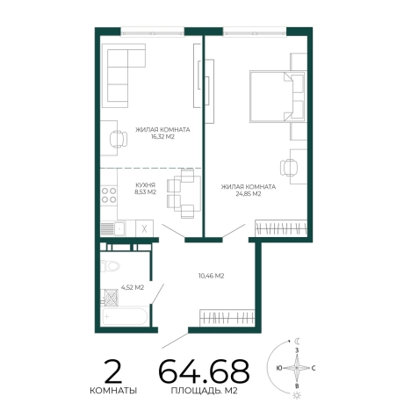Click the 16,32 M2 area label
pyautogui.click(x=162, y=137)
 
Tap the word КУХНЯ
pyautogui.click(x=145, y=185)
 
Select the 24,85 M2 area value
pyautogui.click(x=249, y=194)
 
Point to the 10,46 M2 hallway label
pyautogui.click(x=211, y=276)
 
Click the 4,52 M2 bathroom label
pyautogui.click(x=133, y=288)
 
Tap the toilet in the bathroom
pyautogui.click(x=110, y=266)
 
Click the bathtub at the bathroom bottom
pyautogui.click(x=125, y=316)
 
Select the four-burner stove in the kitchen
pyautogui.click(x=109, y=196)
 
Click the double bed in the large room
pyautogui.click(x=278, y=97)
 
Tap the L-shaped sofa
pyautogui.click(x=123, y=76)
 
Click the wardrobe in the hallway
pyautogui.click(x=227, y=318)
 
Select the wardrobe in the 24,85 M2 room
pyautogui.click(x=281, y=228)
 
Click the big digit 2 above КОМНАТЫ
pyautogui.click(x=113, y=371)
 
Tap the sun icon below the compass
pyautogui.click(x=297, y=396)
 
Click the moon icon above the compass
pyautogui.click(x=297, y=341)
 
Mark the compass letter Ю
pyautogui.click(x=279, y=368)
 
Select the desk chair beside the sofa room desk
pyautogui.click(x=119, y=139)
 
